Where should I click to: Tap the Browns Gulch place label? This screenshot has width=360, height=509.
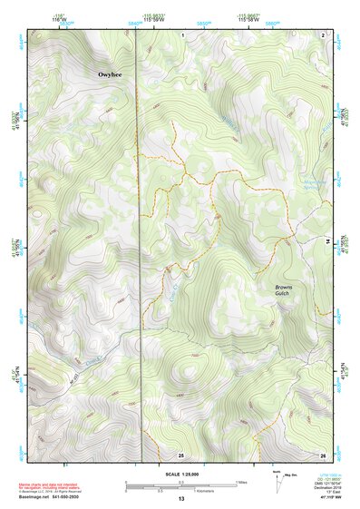point(288,292)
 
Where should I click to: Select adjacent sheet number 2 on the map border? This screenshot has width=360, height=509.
point(323,34)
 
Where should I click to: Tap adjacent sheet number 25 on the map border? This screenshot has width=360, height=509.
point(180,454)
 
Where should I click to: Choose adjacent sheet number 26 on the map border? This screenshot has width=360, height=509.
point(322,454)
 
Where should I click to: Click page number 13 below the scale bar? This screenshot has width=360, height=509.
point(180,499)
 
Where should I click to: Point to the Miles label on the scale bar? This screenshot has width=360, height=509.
point(240,482)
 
